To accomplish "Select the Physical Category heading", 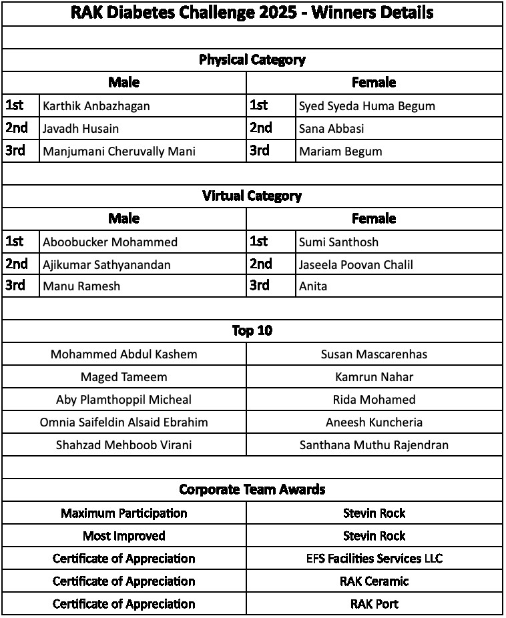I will click(x=252, y=60).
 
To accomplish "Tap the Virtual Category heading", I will click(x=252, y=196).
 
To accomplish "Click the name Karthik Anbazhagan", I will click(x=96, y=106).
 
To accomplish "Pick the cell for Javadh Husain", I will click(x=81, y=129).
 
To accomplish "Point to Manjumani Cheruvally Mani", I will click(x=119, y=151).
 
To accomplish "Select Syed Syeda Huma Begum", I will click(x=366, y=106).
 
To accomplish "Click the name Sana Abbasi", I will click(x=331, y=129).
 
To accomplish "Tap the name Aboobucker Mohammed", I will click(x=110, y=242).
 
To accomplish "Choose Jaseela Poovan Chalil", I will click(x=356, y=265).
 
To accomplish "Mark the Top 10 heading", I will click(x=252, y=331).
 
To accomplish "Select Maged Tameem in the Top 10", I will click(x=123, y=377).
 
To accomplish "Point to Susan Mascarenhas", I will click(x=374, y=354).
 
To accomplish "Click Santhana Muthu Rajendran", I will click(x=374, y=445).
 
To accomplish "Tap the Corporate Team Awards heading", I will click(x=252, y=490).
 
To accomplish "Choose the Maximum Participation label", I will click(x=123, y=513).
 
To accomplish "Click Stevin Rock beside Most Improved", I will click(x=374, y=536).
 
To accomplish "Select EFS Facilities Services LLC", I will click(x=374, y=559).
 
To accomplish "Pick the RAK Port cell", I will click(x=374, y=604).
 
